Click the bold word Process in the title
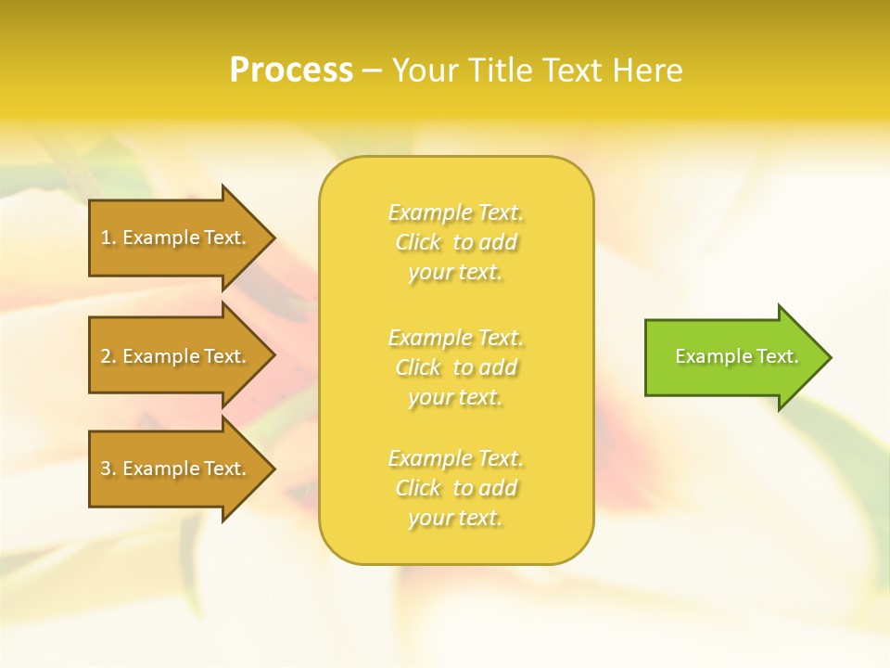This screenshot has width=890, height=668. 291,71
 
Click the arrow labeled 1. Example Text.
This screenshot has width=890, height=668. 176,238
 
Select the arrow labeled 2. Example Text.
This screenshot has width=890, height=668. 176,356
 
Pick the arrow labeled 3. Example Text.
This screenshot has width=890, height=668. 176,469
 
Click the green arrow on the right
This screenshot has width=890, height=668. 732,357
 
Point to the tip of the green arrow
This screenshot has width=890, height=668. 829,357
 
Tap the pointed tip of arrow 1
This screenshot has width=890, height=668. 273,238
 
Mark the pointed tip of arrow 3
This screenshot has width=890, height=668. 273,469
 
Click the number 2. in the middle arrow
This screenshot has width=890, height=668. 108,356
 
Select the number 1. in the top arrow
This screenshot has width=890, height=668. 108,238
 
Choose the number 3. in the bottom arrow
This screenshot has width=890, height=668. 108,469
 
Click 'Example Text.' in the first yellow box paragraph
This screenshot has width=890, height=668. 456,212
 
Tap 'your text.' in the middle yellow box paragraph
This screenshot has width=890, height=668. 456,397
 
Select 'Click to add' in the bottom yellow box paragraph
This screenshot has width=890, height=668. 456,488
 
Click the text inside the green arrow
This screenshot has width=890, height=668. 736,356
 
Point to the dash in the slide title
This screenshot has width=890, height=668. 372,71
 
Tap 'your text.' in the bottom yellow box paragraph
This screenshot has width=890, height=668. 456,519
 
